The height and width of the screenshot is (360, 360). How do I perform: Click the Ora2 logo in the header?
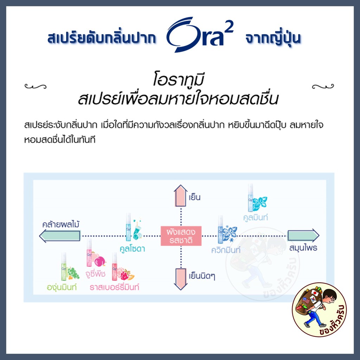point(200,34)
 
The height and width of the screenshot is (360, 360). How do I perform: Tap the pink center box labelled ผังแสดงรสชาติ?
point(181,236)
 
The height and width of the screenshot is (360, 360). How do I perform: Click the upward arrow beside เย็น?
point(181,195)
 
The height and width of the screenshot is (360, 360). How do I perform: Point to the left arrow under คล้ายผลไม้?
point(60,236)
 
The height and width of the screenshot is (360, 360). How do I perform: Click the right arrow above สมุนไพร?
point(303,235)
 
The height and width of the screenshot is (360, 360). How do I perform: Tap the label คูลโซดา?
point(132,249)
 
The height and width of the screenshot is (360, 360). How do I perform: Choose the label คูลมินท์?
point(256,217)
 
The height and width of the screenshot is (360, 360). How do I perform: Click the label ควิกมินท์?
point(226,250)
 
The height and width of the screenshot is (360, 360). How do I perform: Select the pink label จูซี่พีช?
point(95,274)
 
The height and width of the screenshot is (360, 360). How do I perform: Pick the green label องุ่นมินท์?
point(62,287)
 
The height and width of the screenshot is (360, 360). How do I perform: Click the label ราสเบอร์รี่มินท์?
point(114,287)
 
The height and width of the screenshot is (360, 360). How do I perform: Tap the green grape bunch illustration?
point(73,273)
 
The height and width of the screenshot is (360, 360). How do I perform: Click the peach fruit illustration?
point(99,259)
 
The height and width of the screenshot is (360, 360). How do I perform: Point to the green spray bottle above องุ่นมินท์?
point(64,266)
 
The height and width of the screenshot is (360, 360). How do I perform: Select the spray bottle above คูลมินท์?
point(250,198)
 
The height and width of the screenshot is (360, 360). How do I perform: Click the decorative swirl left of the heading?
point(36,86)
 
